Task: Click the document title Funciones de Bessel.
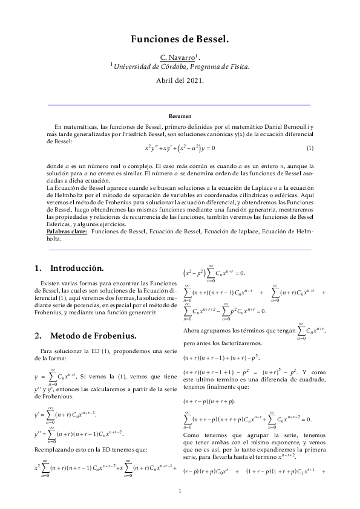click(180, 40)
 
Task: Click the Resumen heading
click(180, 115)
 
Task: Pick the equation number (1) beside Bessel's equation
click(309, 148)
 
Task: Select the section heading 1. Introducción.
click(69, 268)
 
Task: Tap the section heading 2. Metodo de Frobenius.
click(85, 336)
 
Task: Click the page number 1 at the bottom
click(180, 490)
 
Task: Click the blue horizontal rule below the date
click(180, 105)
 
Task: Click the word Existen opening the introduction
click(52, 283)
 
